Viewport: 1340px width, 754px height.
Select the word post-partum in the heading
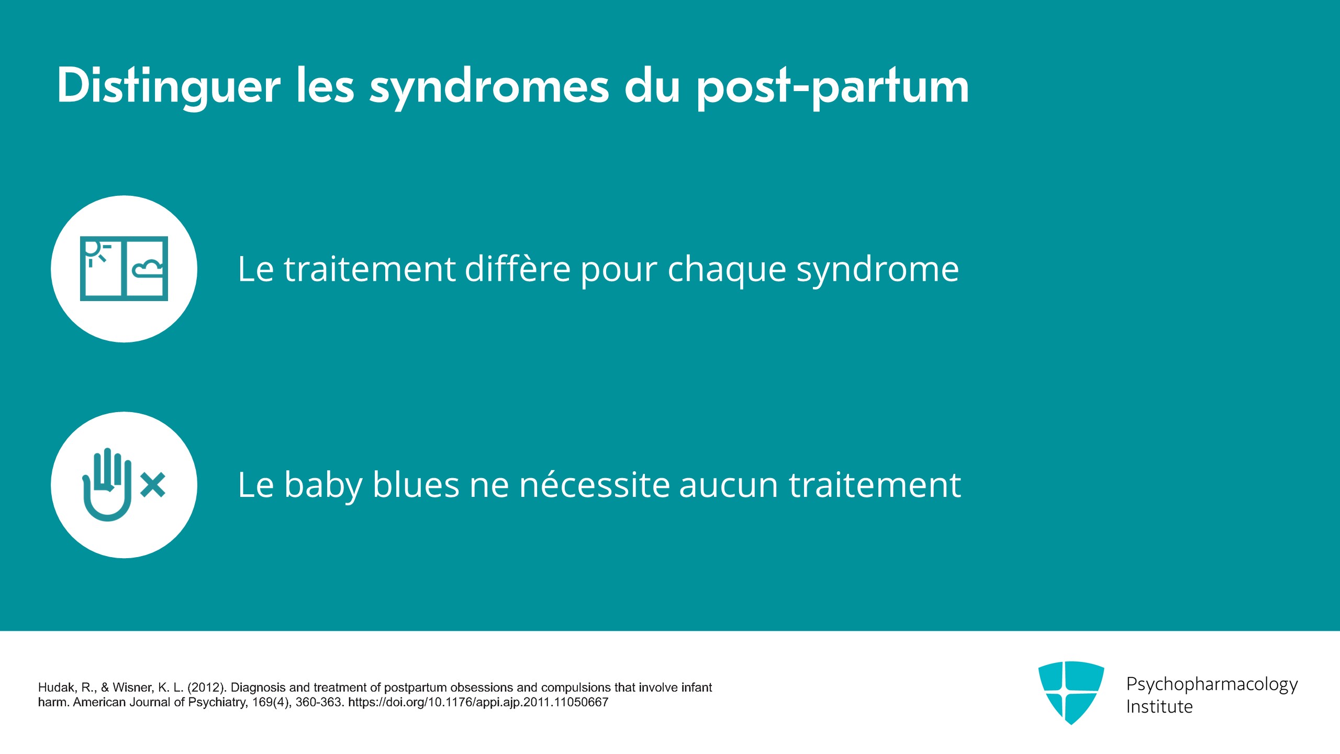pyautogui.click(x=832, y=87)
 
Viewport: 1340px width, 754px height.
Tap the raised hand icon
pyautogui.click(x=107, y=484)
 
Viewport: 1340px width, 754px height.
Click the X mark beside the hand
pyautogui.click(x=153, y=484)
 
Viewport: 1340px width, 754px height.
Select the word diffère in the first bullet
pyautogui.click(x=518, y=269)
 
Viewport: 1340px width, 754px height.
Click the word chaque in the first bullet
pyautogui.click(x=727, y=271)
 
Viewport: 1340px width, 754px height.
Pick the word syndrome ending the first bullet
pyautogui.click(x=878, y=271)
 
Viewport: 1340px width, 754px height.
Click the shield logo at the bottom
pyautogui.click(x=1071, y=692)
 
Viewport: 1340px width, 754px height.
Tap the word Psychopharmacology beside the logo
pyautogui.click(x=1212, y=685)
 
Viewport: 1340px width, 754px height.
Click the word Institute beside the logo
pyautogui.click(x=1159, y=707)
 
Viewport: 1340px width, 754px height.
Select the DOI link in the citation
pyautogui.click(x=478, y=702)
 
